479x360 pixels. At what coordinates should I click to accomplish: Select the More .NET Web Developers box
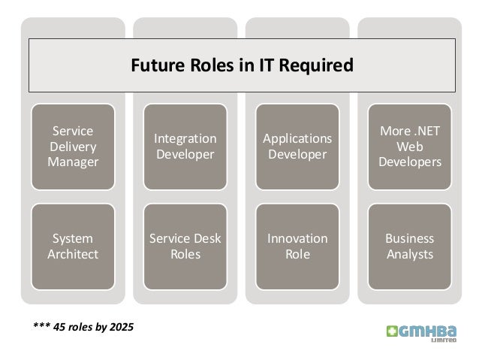click(x=410, y=147)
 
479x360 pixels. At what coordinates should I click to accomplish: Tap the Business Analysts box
click(x=410, y=247)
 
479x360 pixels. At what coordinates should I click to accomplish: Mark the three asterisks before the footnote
click(x=42, y=327)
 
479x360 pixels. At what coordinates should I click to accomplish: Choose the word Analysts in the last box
click(x=410, y=255)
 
